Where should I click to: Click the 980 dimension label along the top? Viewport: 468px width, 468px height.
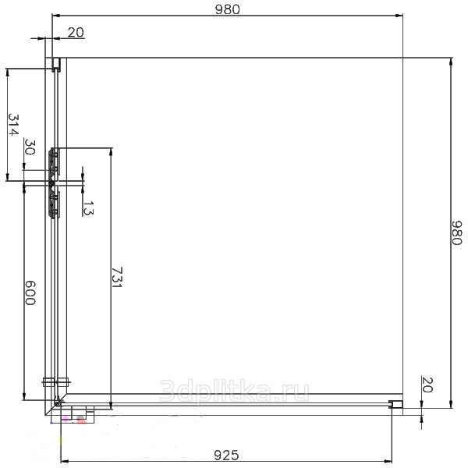[x=228, y=9]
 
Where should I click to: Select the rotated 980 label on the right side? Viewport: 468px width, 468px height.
[x=456, y=232]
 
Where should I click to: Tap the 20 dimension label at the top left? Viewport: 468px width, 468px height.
[x=76, y=33]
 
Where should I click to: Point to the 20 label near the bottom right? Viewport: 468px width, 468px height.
[x=427, y=385]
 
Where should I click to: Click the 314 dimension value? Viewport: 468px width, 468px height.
[x=13, y=125]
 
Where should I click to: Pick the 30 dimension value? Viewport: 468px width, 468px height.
[x=30, y=147]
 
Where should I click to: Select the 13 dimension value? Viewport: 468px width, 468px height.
[x=88, y=208]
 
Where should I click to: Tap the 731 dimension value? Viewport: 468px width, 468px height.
[x=117, y=277]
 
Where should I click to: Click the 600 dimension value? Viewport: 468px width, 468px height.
[x=30, y=292]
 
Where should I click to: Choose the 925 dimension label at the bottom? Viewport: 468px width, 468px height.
[x=226, y=456]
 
